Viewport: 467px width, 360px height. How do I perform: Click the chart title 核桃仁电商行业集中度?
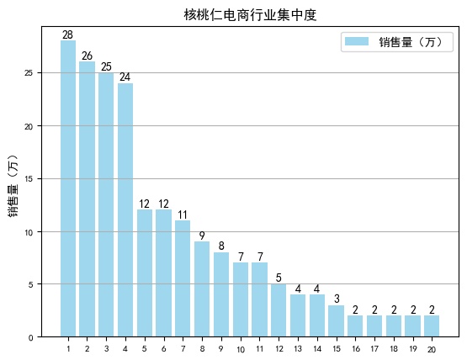coord(250,14)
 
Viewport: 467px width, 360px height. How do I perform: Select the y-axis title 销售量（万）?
coord(13,186)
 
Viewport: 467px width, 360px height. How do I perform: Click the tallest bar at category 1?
coord(68,188)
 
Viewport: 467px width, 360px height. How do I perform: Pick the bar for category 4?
coord(125,209)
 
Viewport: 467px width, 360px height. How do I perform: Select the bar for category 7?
coord(183,278)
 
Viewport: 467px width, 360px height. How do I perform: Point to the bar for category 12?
coord(279,310)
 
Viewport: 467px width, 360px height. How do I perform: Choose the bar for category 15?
coord(336,320)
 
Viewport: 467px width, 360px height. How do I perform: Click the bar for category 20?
coord(432,326)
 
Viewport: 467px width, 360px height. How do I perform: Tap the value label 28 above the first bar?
coord(68,34)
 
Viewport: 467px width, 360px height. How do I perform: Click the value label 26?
coord(87,56)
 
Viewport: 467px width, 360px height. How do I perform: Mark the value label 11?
coord(183,214)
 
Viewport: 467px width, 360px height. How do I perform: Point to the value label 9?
coord(202,236)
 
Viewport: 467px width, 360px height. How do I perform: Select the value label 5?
coord(279,278)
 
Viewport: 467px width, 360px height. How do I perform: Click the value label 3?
coord(336,299)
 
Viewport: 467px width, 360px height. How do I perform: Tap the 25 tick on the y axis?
coord(28,73)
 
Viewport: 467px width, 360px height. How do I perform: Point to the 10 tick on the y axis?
coord(28,231)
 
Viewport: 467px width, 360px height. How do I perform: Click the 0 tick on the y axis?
coord(30,337)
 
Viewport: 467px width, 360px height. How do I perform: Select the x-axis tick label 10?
coord(240,349)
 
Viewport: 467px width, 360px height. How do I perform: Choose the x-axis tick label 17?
coord(374,349)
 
